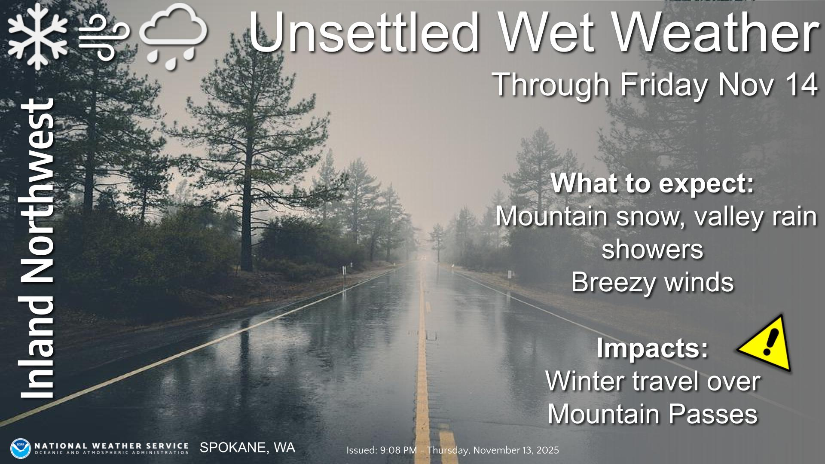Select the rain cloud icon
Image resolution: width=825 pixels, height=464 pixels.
coord(174,36)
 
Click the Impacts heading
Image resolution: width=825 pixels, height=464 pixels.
coord(652,349)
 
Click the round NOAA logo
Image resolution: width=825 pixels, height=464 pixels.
coord(21,448)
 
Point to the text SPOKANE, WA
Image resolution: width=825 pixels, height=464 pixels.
coord(247,448)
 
